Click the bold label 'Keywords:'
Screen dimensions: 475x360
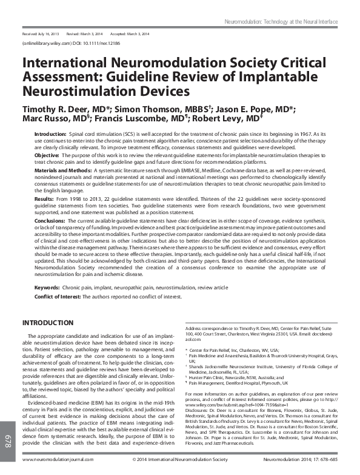pos(47,287)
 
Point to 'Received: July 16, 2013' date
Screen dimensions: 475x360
pos(40,35)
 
